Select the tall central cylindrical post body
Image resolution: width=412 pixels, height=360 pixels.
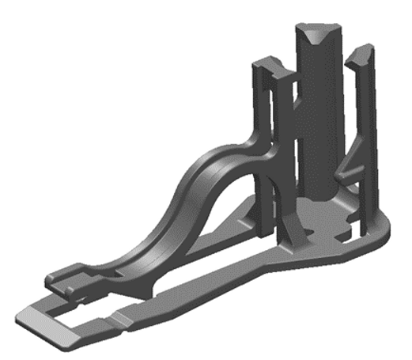point(319,119)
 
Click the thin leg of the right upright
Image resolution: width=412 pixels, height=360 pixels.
point(366,158)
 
